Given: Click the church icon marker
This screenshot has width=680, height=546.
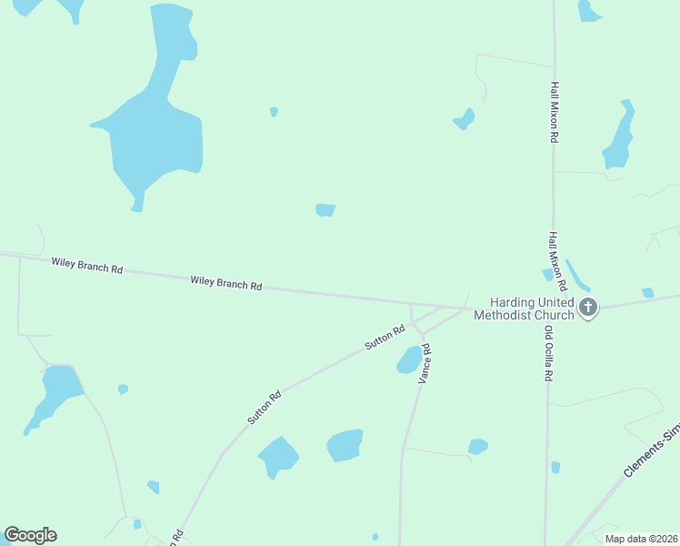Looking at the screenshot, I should [588, 307].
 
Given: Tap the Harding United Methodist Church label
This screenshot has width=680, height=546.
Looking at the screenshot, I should [532, 308].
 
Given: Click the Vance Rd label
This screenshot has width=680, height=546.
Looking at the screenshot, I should [424, 363].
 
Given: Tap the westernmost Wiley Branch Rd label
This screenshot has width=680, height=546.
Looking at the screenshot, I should [86, 266].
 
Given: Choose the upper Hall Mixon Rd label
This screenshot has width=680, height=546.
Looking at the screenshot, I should [553, 112].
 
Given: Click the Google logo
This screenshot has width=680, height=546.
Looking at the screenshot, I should [30, 535].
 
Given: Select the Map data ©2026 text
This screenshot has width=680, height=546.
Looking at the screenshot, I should [640, 539].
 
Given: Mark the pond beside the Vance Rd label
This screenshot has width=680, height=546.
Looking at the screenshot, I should [409, 359].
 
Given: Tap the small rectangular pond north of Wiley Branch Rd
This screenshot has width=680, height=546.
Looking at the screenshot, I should [325, 210].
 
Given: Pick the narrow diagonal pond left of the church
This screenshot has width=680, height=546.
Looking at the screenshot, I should [577, 275].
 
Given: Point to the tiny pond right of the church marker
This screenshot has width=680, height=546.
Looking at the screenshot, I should [647, 293].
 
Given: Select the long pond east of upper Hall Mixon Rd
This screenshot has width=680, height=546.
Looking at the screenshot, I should [620, 136].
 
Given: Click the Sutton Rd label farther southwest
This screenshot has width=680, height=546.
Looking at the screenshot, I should [264, 408].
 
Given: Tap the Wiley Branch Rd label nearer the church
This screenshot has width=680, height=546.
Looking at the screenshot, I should [226, 283].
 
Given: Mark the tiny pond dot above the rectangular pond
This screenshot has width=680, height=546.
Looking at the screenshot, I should [274, 112].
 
